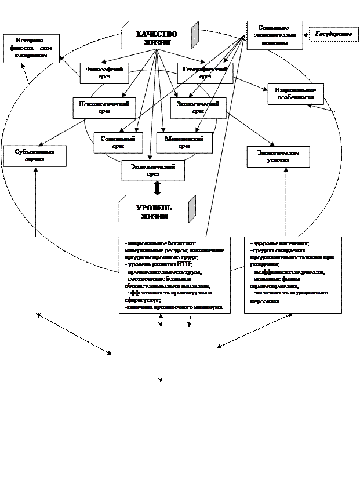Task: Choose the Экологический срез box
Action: tap(198, 107)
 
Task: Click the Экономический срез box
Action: tap(153, 170)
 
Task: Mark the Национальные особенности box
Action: tap(296, 94)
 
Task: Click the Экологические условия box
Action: tap(278, 156)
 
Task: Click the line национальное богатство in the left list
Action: tap(161, 243)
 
